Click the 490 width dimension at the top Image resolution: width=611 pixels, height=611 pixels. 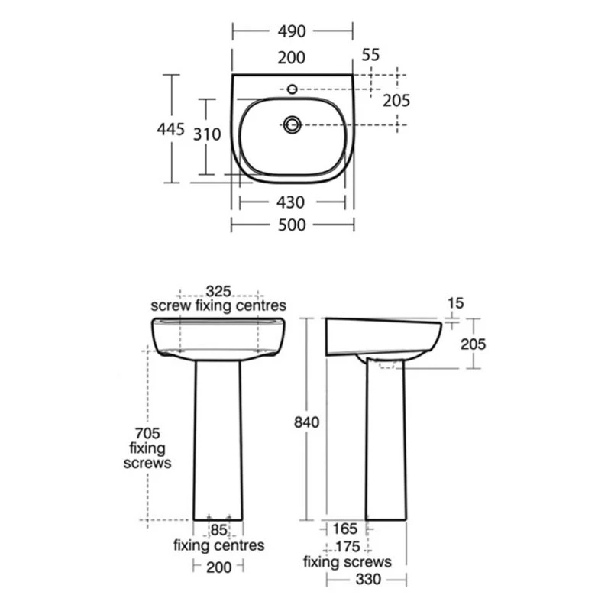(x=292, y=31)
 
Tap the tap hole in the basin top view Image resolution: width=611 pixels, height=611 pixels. (x=292, y=89)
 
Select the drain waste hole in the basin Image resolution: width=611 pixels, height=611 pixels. (x=292, y=124)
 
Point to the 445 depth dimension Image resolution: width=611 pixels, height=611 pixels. (x=170, y=129)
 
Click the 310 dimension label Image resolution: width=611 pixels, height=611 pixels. (x=207, y=134)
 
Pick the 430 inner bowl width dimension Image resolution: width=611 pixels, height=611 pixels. (x=290, y=202)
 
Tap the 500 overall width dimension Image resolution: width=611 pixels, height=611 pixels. (x=292, y=225)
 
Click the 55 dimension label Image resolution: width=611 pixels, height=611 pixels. (x=370, y=55)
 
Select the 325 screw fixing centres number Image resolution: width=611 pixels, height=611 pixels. (x=218, y=291)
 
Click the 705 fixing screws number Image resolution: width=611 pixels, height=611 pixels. (x=147, y=433)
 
